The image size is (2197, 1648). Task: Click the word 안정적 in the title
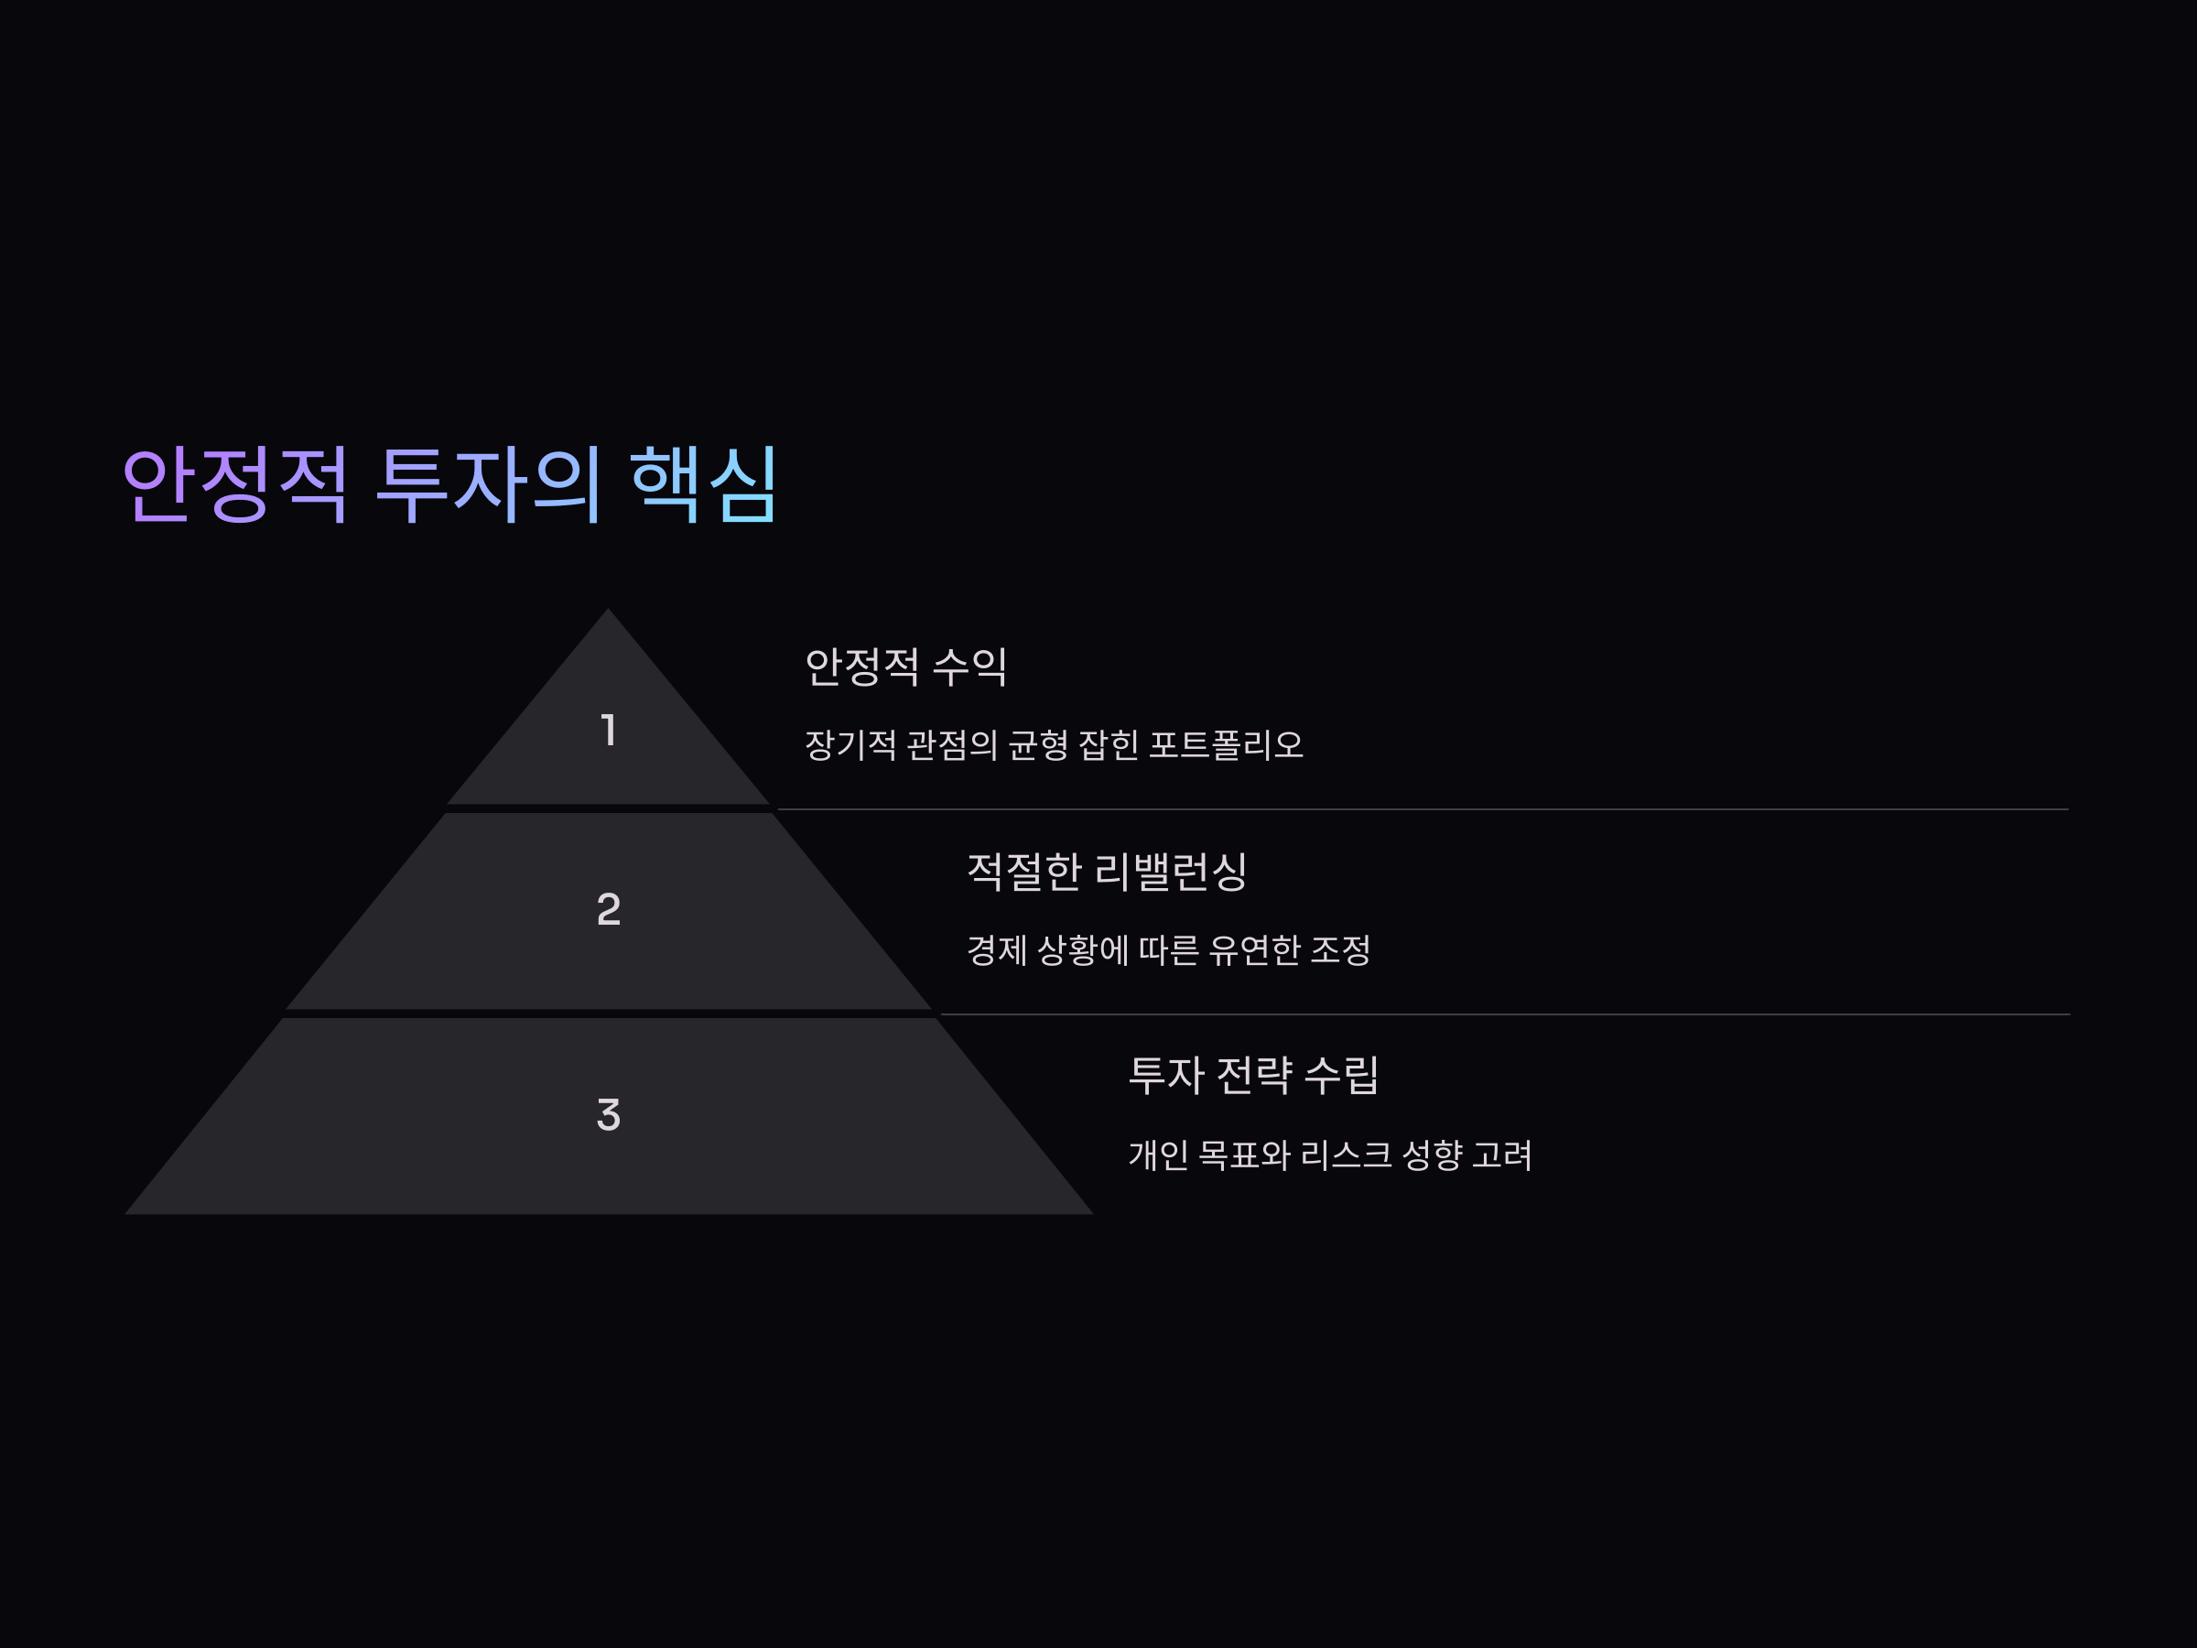click(234, 484)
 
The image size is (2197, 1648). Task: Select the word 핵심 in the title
click(704, 484)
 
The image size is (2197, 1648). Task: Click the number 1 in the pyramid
click(609, 730)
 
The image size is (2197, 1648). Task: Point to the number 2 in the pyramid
click(609, 909)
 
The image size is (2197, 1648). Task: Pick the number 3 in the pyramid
click(609, 1114)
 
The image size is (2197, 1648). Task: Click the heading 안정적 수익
click(906, 667)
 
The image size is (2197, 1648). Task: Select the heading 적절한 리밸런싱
click(1107, 872)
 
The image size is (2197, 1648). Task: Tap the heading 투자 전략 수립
click(1253, 1075)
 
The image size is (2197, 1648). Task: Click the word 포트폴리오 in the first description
click(1226, 745)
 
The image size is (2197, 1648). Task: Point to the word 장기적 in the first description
click(850, 745)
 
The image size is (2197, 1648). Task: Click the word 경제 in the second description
click(996, 950)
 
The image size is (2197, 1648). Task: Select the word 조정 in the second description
click(1341, 950)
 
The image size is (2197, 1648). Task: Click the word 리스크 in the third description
click(1346, 1155)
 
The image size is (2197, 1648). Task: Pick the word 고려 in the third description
click(1502, 1155)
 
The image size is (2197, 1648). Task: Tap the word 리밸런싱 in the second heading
click(1170, 872)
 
